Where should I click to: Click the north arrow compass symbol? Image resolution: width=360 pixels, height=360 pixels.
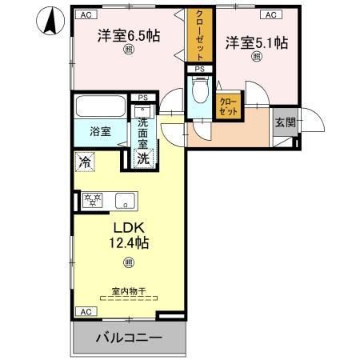50,21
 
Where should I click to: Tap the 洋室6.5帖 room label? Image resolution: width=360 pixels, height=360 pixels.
129,36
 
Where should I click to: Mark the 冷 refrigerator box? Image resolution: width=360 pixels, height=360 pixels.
85,162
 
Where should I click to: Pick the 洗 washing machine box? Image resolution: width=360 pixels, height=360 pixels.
143,158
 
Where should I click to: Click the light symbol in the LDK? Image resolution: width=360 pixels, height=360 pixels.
127,263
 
